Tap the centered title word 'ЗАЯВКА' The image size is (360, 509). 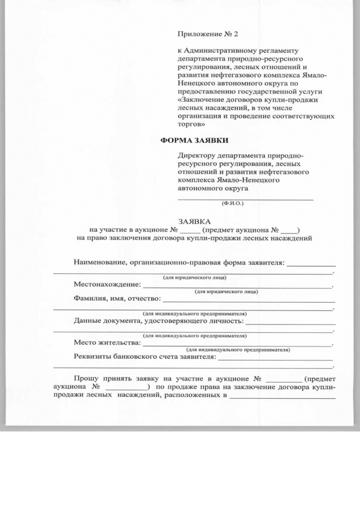[194, 222]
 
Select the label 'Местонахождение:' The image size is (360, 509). [107, 285]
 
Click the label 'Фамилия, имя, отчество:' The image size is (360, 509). [117, 298]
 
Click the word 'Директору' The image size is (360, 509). [196, 155]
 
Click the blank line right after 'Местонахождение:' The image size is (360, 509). [237, 287]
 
